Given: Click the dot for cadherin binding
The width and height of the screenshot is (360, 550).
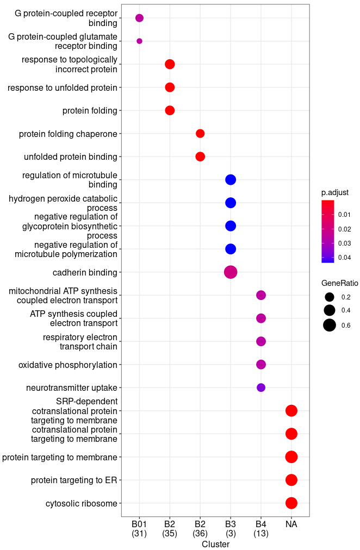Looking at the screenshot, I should (x=231, y=272).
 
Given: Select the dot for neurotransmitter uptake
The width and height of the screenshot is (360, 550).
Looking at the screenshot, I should (x=261, y=387).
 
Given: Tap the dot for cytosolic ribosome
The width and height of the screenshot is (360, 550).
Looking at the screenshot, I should (x=291, y=503).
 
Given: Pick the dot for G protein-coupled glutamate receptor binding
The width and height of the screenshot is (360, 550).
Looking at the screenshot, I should (x=139, y=41).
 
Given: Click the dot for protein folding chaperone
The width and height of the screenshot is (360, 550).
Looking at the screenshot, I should (x=200, y=134).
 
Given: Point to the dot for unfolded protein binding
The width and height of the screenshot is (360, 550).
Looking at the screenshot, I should (x=200, y=157).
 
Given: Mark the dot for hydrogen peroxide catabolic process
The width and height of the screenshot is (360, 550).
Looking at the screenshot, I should (x=231, y=203).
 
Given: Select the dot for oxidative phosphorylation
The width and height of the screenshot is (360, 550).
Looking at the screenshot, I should (x=261, y=365).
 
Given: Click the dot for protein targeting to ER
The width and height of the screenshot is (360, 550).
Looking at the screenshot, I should (x=291, y=480).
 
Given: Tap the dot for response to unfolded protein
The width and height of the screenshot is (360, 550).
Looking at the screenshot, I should (x=170, y=87).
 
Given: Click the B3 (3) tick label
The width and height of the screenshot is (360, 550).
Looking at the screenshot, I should (x=231, y=528).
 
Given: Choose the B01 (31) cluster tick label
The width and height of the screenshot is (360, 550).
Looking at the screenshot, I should (x=139, y=528).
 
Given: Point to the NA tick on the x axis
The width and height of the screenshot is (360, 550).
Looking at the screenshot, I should (x=291, y=524).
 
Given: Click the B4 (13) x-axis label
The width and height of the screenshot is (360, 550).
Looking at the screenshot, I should (x=261, y=528).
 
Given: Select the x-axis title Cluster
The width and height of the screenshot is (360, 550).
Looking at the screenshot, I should (x=215, y=544).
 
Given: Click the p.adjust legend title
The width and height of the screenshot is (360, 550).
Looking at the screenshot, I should (x=335, y=192).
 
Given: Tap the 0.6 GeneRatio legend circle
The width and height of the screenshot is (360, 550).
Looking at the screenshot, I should (x=329, y=326).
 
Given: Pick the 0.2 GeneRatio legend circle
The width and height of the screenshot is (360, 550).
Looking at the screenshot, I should (x=329, y=297).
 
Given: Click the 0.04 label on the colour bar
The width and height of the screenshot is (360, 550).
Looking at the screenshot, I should (x=344, y=257).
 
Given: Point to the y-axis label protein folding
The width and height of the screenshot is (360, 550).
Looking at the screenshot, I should (x=90, y=111).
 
